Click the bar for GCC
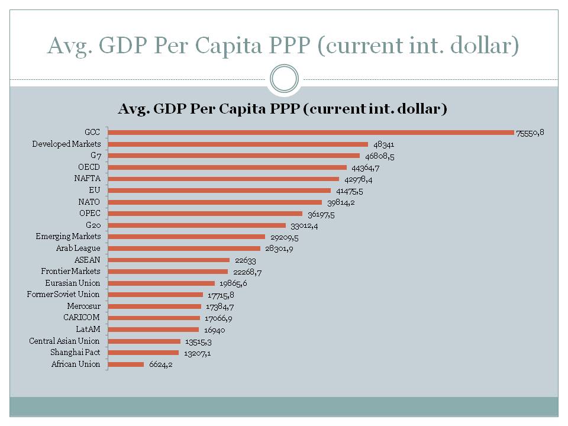(312, 133)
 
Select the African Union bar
(127, 364)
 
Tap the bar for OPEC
(206, 214)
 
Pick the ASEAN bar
(170, 260)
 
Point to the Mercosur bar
(156, 306)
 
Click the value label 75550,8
(530, 133)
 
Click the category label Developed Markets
(66, 144)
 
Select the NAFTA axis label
(88, 179)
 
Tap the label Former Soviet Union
(63, 294)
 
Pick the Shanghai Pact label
(75, 353)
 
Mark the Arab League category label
(78, 248)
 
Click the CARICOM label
(82, 318)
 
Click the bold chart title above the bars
(282, 109)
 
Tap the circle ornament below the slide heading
(284, 79)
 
